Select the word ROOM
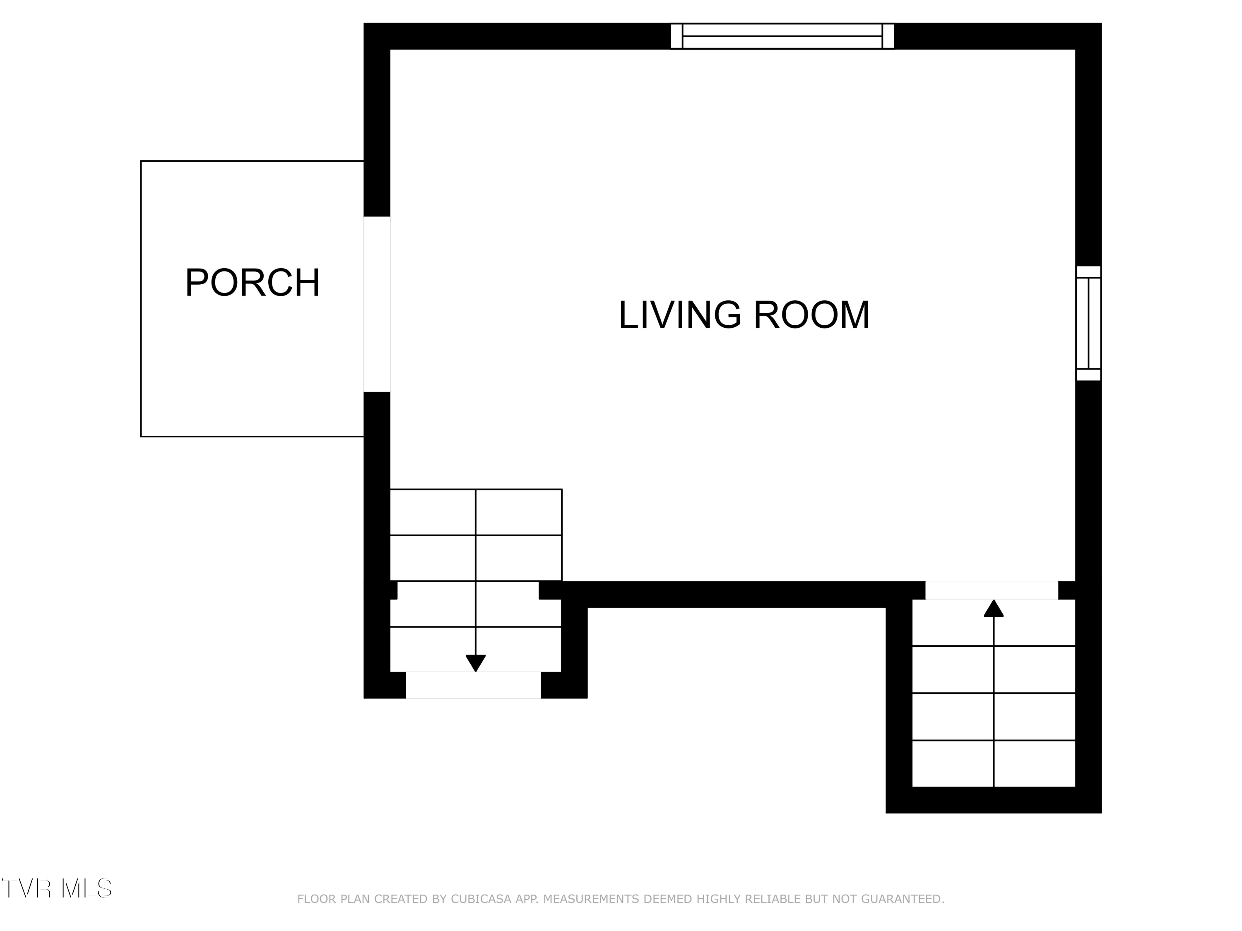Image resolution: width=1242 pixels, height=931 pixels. (812, 315)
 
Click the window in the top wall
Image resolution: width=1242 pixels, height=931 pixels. (782, 36)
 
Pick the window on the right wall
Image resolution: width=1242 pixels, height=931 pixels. (1088, 323)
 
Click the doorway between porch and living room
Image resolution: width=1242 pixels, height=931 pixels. (377, 304)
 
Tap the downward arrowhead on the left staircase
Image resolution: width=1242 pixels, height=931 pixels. (476, 663)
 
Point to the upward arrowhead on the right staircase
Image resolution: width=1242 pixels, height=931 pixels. (994, 608)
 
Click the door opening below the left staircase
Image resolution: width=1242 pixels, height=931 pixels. (473, 685)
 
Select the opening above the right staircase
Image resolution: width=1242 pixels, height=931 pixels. (992, 590)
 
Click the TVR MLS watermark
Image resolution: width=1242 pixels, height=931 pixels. (57, 888)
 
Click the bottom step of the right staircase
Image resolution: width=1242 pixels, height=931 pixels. (994, 764)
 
